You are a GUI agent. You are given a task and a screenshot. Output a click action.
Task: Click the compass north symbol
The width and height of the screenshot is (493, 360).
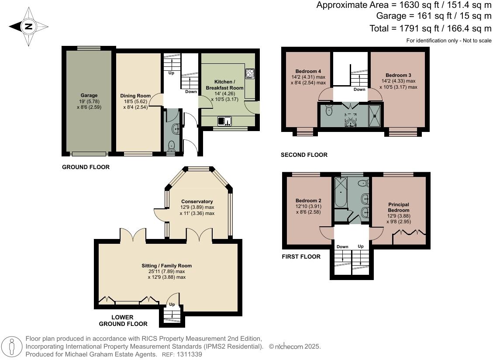click(x=28, y=27)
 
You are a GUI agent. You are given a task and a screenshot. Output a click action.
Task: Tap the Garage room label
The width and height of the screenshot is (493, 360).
click(x=89, y=95)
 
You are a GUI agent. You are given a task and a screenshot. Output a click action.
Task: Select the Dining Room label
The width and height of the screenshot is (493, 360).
click(x=135, y=96)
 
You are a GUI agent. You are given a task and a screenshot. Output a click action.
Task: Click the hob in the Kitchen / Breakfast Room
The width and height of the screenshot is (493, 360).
click(x=250, y=74)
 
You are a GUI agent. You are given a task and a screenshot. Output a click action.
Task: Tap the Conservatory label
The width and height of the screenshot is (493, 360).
click(x=197, y=201)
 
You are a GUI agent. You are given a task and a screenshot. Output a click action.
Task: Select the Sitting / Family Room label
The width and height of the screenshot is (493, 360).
click(x=166, y=266)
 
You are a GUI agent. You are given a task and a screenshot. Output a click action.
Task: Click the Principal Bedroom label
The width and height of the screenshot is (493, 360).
click(x=398, y=207)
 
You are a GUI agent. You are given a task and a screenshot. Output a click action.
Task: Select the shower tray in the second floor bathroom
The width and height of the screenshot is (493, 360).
click(x=374, y=115)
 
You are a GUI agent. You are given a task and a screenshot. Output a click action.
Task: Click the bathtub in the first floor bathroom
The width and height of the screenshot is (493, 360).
click(x=339, y=192)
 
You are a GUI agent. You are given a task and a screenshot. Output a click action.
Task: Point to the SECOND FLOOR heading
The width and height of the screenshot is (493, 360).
click(x=304, y=155)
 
